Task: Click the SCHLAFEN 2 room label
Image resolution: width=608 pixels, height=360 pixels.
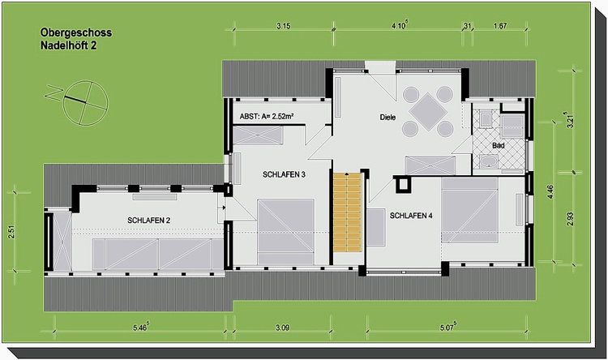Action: point(149,221)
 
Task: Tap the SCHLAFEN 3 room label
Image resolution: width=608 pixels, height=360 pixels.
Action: point(284,174)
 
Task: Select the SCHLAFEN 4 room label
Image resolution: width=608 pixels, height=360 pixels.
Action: point(411,216)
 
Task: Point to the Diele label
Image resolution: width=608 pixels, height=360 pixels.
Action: point(387,117)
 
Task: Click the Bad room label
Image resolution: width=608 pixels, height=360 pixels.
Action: point(499,145)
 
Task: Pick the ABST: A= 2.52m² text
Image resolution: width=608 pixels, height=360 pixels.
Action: point(267,116)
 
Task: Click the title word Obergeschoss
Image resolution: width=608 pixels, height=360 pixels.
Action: point(76,32)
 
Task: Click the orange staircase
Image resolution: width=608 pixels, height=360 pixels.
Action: point(348,212)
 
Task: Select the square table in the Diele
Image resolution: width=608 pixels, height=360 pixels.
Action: point(428,111)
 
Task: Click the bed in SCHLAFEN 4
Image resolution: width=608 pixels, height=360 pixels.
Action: point(469,210)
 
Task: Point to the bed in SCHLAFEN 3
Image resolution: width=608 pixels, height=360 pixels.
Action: point(286,232)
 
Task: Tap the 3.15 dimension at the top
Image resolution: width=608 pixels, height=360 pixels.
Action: point(284,26)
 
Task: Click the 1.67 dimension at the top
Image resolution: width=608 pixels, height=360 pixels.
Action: point(500,26)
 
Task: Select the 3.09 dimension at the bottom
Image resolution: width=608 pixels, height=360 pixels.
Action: point(282,328)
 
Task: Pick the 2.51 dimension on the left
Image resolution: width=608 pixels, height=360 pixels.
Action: point(11,232)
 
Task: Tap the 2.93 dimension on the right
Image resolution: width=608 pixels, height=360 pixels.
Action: point(569,219)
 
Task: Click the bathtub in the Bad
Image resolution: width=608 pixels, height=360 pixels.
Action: point(489,161)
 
